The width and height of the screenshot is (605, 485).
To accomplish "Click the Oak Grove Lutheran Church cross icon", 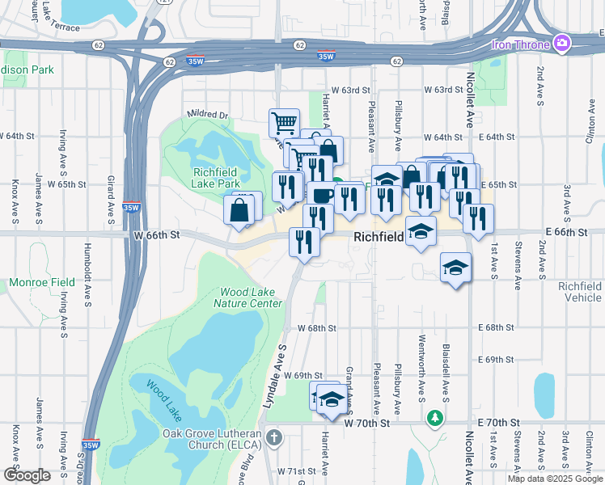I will [274, 438].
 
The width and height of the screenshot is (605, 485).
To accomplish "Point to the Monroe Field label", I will [42, 283].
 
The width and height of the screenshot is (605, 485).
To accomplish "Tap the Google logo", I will [27, 475].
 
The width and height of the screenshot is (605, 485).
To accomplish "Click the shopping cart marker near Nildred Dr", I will [284, 124].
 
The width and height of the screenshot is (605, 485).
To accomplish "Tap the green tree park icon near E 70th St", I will [435, 418].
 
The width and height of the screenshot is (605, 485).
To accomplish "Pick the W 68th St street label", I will [316, 328].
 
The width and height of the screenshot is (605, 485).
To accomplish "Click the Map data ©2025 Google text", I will [554, 479].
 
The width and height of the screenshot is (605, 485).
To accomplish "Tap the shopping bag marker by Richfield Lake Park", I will [240, 212].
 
